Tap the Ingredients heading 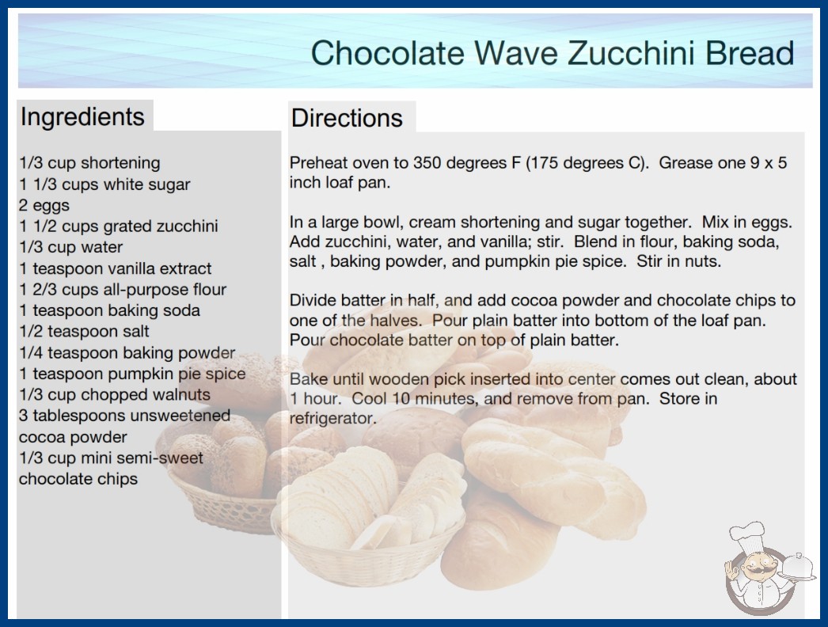coord(82,116)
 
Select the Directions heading coord(347,118)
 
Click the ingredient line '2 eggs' coord(44,205)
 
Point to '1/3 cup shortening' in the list coord(89,163)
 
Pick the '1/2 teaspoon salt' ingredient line coord(84,331)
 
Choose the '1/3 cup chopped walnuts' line coord(115,394)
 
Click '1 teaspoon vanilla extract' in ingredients coord(115,268)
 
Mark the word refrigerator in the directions coord(332,418)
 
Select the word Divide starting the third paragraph coord(313,301)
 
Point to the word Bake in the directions coord(309,379)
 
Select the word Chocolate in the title coord(388,53)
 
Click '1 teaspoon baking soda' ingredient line coord(109,310)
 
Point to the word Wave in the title coord(516,53)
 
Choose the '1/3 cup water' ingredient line coord(70,247)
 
